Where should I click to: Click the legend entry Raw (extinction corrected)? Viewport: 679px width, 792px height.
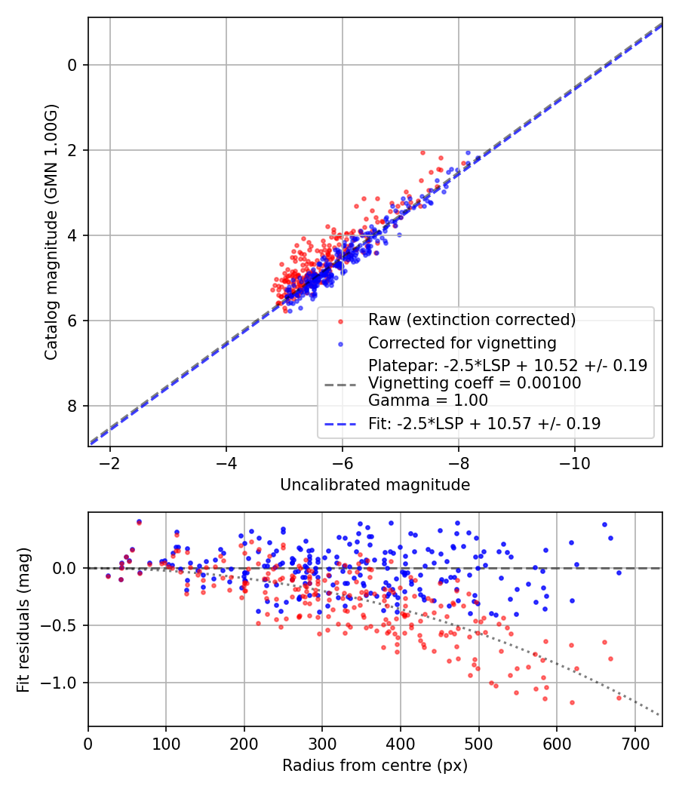coord(472,320)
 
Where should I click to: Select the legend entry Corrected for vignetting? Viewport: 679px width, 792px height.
coord(462,343)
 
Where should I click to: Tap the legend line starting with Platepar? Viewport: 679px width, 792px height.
coord(508,365)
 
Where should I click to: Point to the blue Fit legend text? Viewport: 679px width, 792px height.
coord(484,423)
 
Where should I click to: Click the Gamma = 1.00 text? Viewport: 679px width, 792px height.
coord(428,401)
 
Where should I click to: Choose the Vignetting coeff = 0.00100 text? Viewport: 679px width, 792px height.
coord(475,383)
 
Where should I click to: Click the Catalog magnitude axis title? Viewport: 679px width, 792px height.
coord(51,232)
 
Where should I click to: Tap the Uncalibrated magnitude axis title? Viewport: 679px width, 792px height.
coord(375,485)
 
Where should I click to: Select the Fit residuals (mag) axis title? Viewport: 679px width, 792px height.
coord(23,620)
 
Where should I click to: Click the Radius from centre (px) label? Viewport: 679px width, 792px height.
coord(375,766)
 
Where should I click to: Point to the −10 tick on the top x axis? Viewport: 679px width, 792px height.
coord(575,463)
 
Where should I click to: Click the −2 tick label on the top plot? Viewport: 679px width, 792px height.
coord(109,463)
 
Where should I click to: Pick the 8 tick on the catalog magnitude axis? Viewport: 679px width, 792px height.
coord(71,406)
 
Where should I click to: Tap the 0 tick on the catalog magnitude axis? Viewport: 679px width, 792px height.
coord(71,65)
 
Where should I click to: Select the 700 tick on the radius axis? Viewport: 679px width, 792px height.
coord(635,744)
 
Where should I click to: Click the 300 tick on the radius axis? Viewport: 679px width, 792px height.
coord(322,744)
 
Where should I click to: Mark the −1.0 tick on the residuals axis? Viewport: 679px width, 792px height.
coord(59,683)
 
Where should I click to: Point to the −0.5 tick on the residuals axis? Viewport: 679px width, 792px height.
coord(59,625)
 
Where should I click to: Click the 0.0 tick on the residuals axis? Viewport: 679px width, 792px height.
coord(64,568)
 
